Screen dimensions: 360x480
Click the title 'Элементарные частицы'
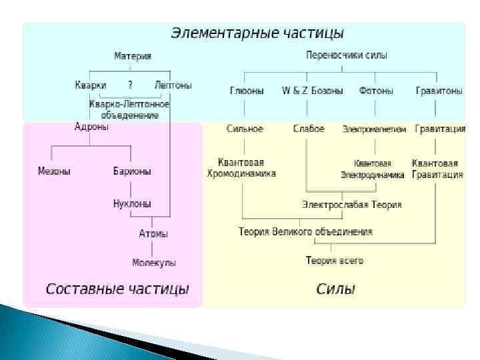[x=257, y=33]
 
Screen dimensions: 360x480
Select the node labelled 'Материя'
[x=133, y=56]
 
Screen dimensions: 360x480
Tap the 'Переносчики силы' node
[x=346, y=55]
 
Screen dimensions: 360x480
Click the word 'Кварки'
[x=91, y=85]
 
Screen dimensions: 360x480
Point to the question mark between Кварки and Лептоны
[x=131, y=85]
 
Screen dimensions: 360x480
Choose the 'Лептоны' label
[x=173, y=85]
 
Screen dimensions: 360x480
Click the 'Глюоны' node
[x=247, y=90]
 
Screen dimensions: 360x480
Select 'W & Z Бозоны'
[x=313, y=90]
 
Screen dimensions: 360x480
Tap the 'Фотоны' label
[x=376, y=90]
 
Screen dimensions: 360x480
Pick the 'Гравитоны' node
[x=439, y=90]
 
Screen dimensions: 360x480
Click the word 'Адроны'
[x=91, y=126]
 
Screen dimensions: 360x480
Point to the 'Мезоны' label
[x=54, y=171]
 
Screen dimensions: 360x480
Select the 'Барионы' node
[x=132, y=171]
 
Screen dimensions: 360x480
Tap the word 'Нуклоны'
[x=132, y=203]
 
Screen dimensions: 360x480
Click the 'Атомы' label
[x=153, y=233]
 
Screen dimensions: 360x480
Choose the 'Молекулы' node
[x=154, y=263]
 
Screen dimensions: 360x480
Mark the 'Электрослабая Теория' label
[x=351, y=205]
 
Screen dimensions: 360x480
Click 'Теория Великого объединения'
[x=305, y=232]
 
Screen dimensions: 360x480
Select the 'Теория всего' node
[x=335, y=261]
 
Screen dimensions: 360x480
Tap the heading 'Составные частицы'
[x=117, y=289]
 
